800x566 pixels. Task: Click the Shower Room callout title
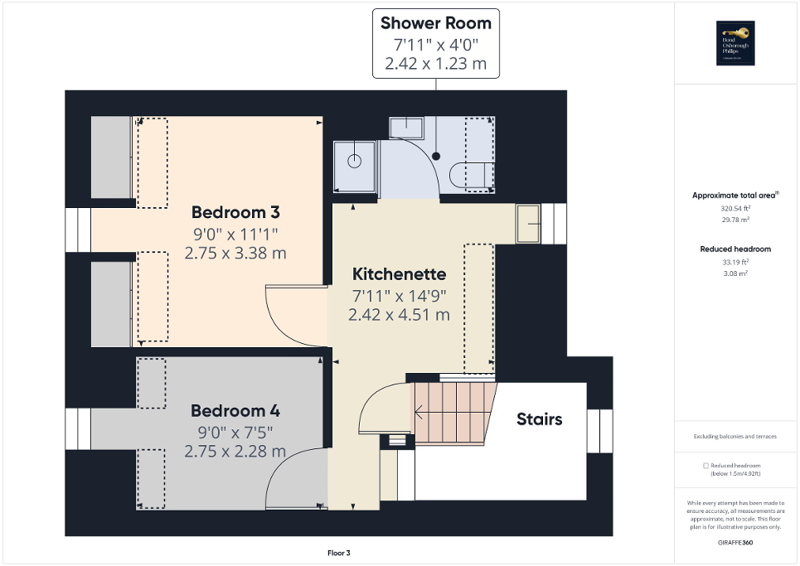point(436,23)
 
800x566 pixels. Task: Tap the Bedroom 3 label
point(235,211)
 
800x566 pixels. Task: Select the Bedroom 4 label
point(235,410)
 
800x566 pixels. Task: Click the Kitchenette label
point(399,273)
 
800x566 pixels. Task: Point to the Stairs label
point(539,418)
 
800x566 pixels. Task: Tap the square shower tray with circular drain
point(355,161)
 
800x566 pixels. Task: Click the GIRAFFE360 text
point(735,542)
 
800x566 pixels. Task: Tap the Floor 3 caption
point(340,553)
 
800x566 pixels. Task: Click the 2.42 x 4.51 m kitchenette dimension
point(399,315)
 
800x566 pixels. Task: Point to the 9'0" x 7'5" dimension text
point(235,432)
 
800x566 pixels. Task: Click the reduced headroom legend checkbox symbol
point(705,466)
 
